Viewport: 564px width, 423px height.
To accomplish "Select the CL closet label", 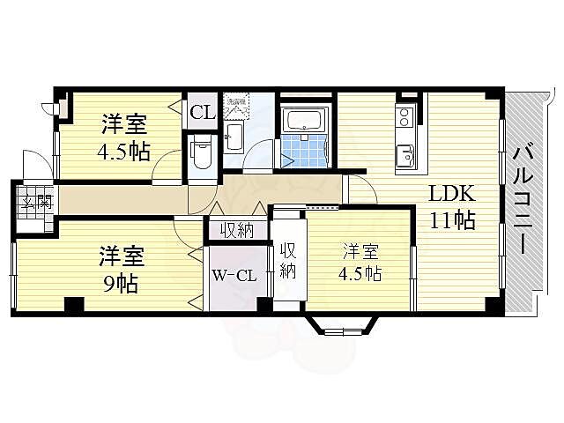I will click(x=201, y=112).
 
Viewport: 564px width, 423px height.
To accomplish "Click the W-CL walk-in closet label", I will click(x=234, y=275).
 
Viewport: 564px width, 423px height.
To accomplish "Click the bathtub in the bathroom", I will click(x=304, y=118).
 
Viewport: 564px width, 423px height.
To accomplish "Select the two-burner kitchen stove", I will click(x=405, y=116).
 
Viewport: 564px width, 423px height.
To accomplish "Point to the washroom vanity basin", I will click(x=234, y=136).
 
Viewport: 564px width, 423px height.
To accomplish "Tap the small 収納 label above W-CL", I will click(x=237, y=231).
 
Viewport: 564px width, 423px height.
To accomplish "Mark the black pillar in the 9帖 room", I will click(x=75, y=305).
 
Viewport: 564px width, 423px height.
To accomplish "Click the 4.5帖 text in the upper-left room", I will click(x=122, y=151).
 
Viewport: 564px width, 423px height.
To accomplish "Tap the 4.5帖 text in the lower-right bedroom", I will click(x=361, y=273).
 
